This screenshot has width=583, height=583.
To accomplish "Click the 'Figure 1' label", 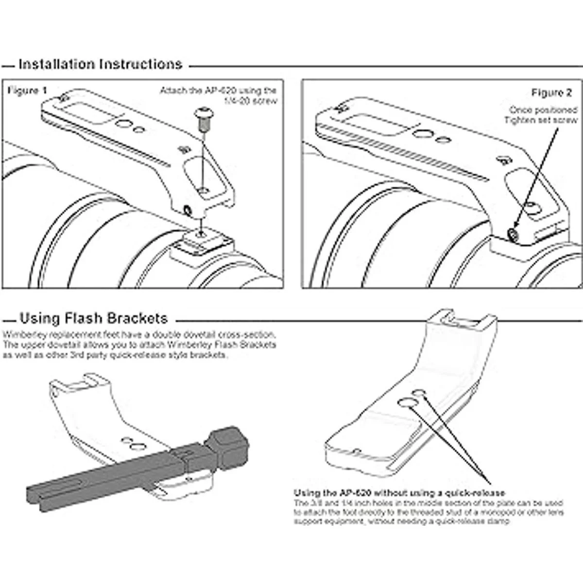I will point(28,91).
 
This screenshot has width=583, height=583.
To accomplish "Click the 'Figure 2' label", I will point(551,93).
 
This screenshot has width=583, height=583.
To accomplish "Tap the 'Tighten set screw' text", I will point(541,120).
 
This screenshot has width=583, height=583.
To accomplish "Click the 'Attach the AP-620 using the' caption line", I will point(218,91).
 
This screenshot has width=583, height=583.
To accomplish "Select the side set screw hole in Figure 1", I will point(187,210).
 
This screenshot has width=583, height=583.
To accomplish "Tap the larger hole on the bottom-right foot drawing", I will point(406,402).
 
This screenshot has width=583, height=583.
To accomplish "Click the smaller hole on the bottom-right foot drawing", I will point(419,392).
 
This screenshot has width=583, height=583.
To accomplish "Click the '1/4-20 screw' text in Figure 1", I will point(250,101).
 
